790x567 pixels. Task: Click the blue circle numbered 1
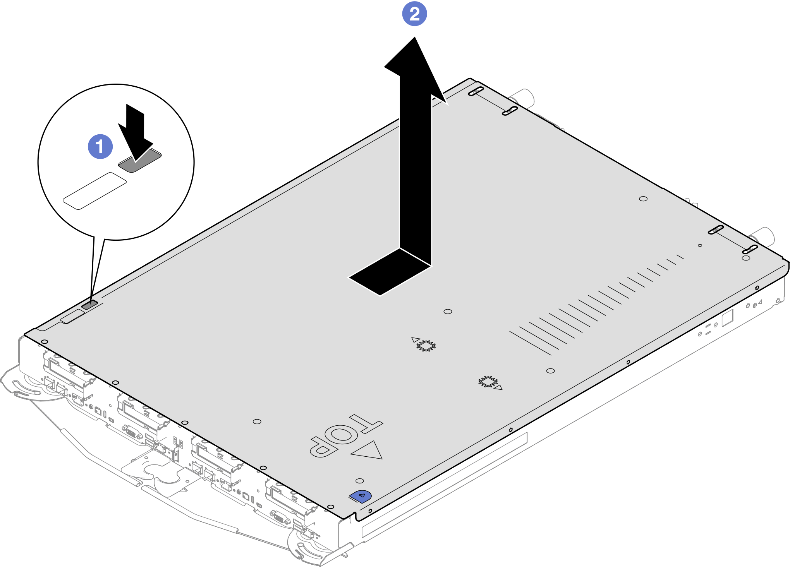100,147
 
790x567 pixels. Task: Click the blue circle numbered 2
414,14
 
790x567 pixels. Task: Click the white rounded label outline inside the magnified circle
95,191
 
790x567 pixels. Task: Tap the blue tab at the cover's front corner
361,496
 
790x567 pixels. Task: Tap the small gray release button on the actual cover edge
89,305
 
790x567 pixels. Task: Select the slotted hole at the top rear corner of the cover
476,91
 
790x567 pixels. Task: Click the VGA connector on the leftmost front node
132,432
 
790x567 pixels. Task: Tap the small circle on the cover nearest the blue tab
360,481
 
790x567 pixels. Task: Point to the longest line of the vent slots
530,343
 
